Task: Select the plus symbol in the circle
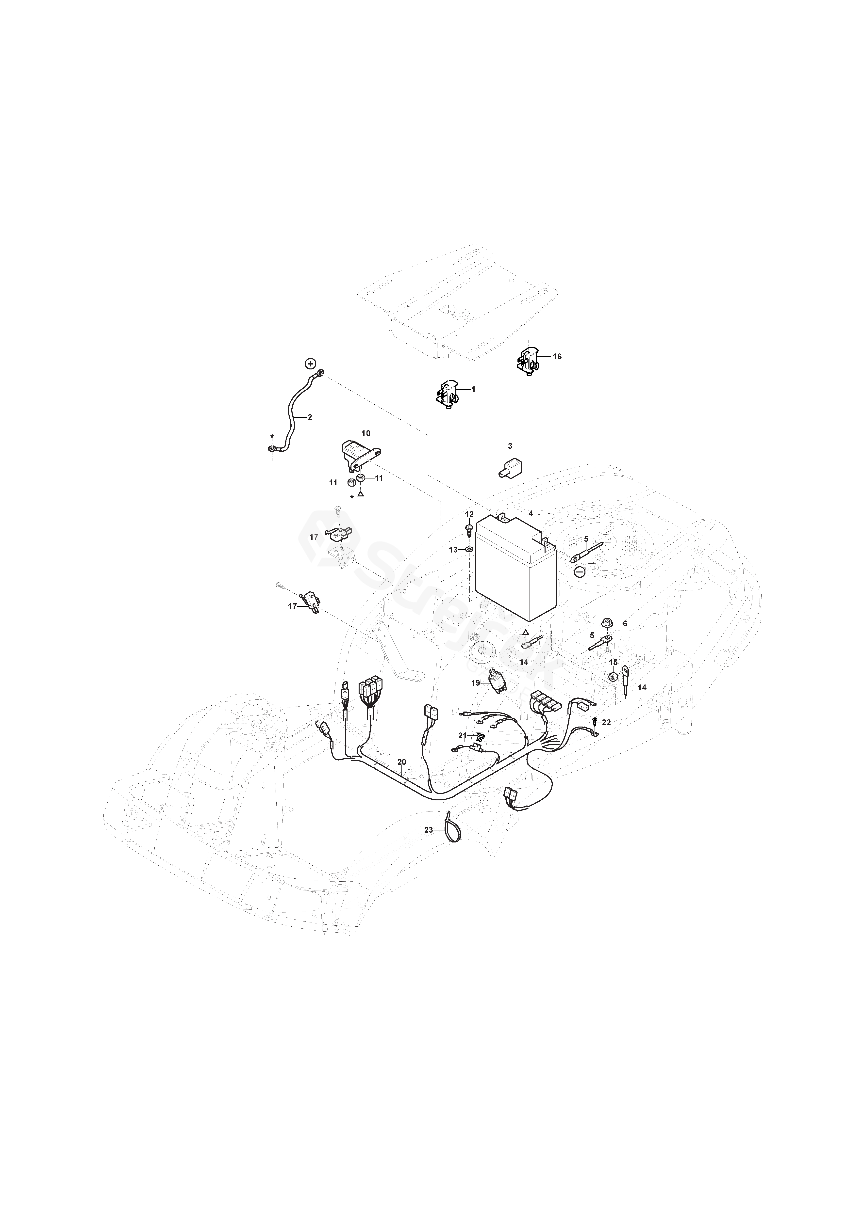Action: point(310,364)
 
